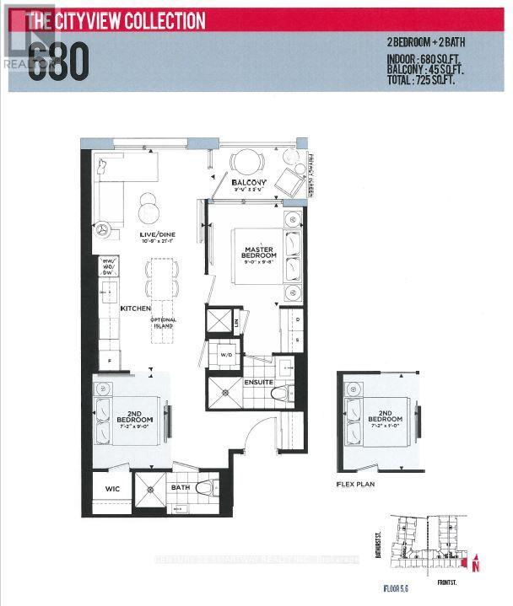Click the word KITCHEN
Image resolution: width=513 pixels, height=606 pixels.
134,309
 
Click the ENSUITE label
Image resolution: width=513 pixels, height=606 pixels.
258,382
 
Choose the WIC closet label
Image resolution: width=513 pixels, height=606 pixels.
111,488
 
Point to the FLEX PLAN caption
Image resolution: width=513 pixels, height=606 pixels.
354,485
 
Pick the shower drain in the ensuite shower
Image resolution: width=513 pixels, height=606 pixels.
225,390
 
